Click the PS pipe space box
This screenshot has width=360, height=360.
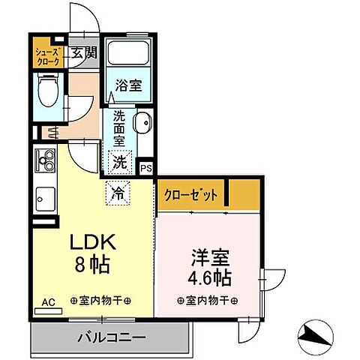coord(146,169)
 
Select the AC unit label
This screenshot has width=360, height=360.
coord(48,301)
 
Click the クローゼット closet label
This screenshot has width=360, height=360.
coord(191,194)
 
